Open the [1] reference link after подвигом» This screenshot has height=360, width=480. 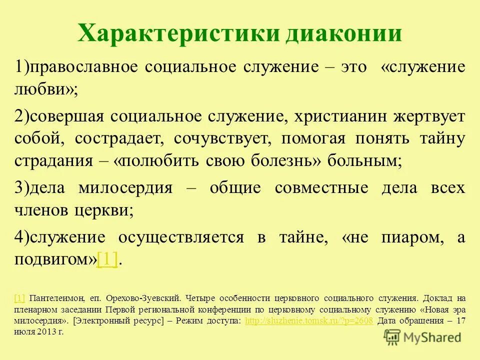107,260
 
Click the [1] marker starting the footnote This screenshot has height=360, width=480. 20,298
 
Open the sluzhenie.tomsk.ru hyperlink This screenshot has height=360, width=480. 309,320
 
